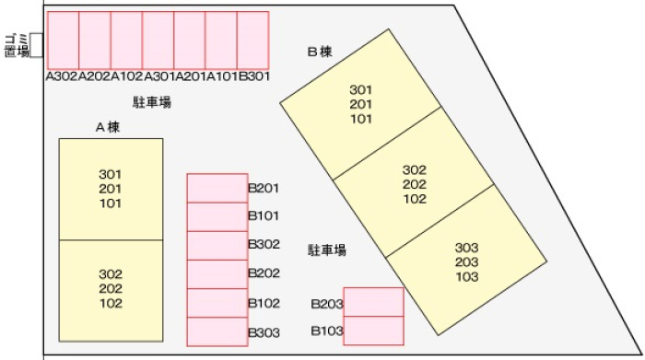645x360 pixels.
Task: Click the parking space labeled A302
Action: [63, 41]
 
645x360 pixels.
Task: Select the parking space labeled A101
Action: [221, 41]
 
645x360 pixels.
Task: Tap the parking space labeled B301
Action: [253, 41]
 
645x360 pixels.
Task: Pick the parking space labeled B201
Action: [217, 188]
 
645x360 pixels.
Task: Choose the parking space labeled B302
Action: [217, 245]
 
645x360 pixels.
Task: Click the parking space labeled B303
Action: [217, 331]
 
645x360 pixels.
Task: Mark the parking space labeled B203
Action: [373, 302]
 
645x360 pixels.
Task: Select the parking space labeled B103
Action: [373, 331]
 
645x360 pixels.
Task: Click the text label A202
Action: [94, 76]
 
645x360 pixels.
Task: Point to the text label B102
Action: [264, 303]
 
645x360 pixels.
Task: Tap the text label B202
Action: [264, 273]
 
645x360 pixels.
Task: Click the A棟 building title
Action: [108, 127]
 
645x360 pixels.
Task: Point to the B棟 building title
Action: [320, 52]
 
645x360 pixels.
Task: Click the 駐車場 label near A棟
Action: [152, 102]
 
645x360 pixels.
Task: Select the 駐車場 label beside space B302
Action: [327, 250]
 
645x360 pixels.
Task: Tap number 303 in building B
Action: [467, 248]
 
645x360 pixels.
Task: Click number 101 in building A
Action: [111, 203]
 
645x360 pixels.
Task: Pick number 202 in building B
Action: [415, 184]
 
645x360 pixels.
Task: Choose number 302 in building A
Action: [111, 274]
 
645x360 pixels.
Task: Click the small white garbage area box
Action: [37, 45]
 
